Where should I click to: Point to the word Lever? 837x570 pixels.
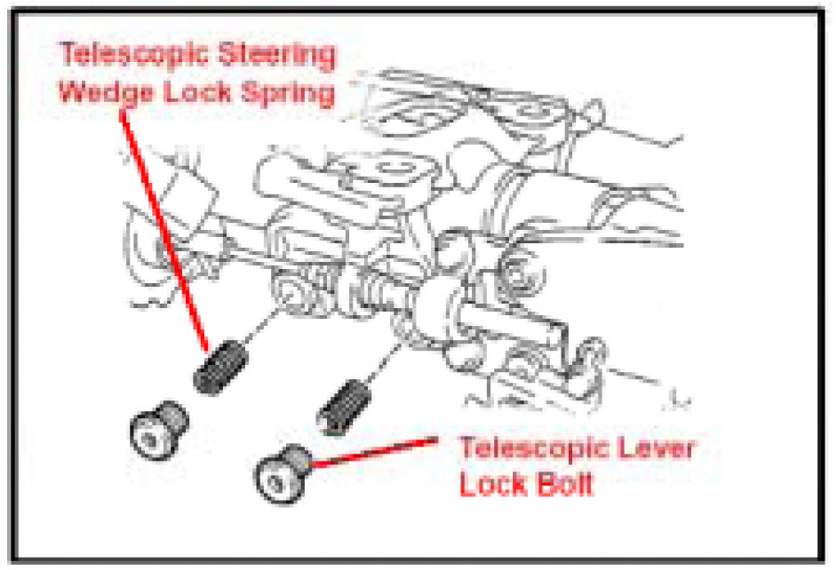(x=652, y=447)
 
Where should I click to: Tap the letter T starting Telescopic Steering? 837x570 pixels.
(x=68, y=56)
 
